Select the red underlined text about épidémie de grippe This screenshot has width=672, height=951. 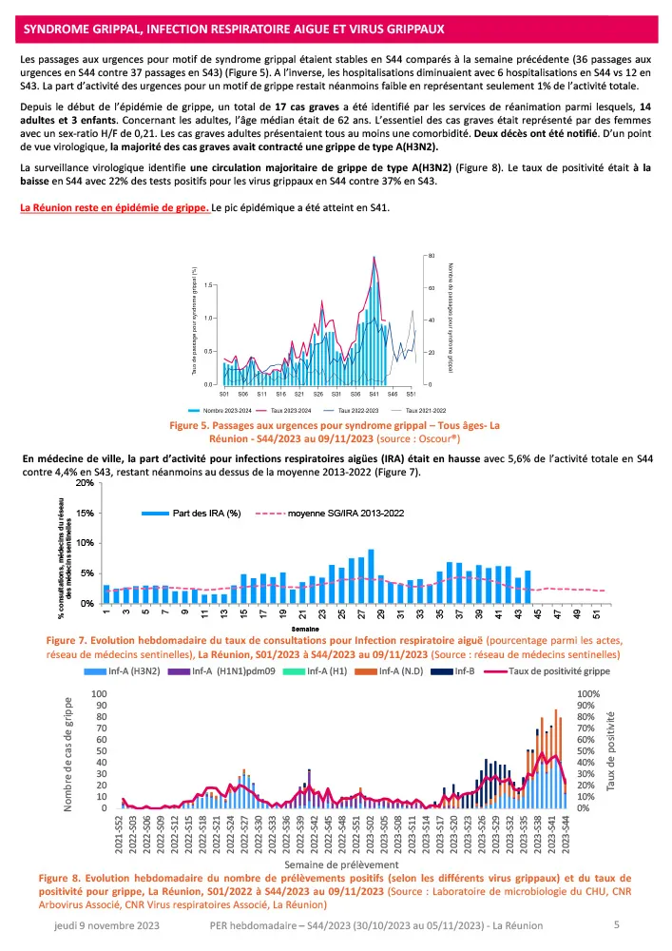point(117,207)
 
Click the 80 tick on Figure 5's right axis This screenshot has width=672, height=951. point(431,257)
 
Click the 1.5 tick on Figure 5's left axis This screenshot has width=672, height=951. point(207,284)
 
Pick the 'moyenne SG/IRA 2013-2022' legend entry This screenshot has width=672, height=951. point(346,513)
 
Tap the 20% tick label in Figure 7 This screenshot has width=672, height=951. point(85,483)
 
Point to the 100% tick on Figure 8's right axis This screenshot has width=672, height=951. point(589,695)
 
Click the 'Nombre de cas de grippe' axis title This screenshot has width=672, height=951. point(68,754)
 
